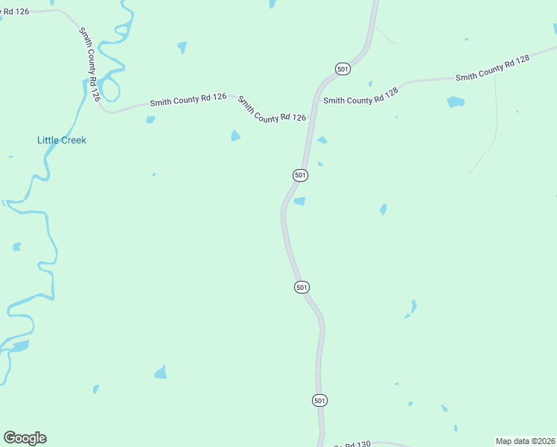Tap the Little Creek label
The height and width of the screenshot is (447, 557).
[x=62, y=140]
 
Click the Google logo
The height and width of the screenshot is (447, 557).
[x=25, y=438]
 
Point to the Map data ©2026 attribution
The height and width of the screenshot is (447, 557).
[x=526, y=441]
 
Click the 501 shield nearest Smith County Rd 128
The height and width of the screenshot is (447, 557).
[x=343, y=69]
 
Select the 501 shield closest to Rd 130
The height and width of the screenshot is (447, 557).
[x=319, y=400]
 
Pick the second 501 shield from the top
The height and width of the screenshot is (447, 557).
[x=299, y=175]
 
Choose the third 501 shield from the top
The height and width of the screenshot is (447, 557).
[x=301, y=287]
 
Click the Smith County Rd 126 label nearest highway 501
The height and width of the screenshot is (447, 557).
[x=272, y=109]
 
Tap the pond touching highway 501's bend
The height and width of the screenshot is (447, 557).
[x=299, y=201]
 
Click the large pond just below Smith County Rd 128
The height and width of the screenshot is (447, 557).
[x=456, y=102]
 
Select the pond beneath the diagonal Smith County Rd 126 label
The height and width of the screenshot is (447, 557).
[x=235, y=136]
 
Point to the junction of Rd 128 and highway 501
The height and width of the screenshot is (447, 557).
[x=316, y=98]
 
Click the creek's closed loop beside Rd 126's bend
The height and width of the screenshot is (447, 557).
[x=109, y=89]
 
